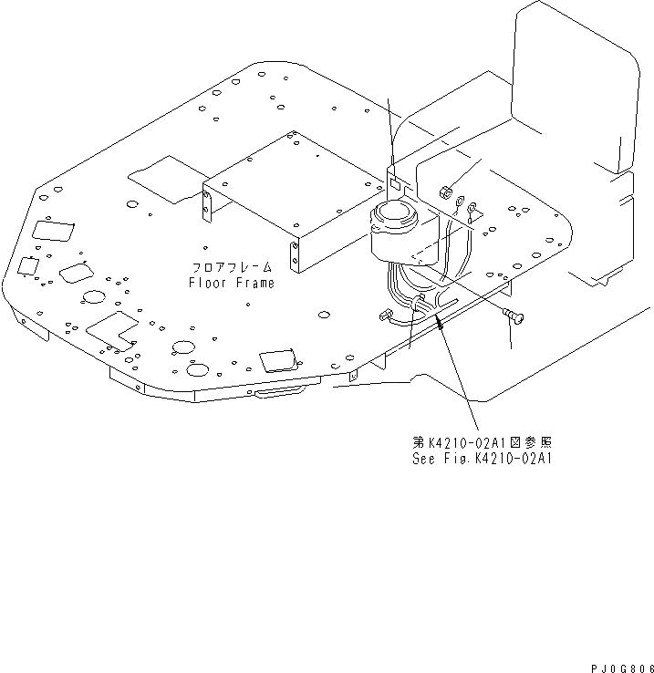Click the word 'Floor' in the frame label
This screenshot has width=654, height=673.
[206, 283]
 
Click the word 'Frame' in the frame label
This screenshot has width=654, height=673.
[252, 283]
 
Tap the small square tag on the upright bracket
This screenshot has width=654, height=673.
[394, 182]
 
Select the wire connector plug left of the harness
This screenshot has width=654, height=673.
[384, 316]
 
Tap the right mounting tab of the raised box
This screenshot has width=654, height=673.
[295, 257]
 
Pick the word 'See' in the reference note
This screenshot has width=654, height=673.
[421, 459]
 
